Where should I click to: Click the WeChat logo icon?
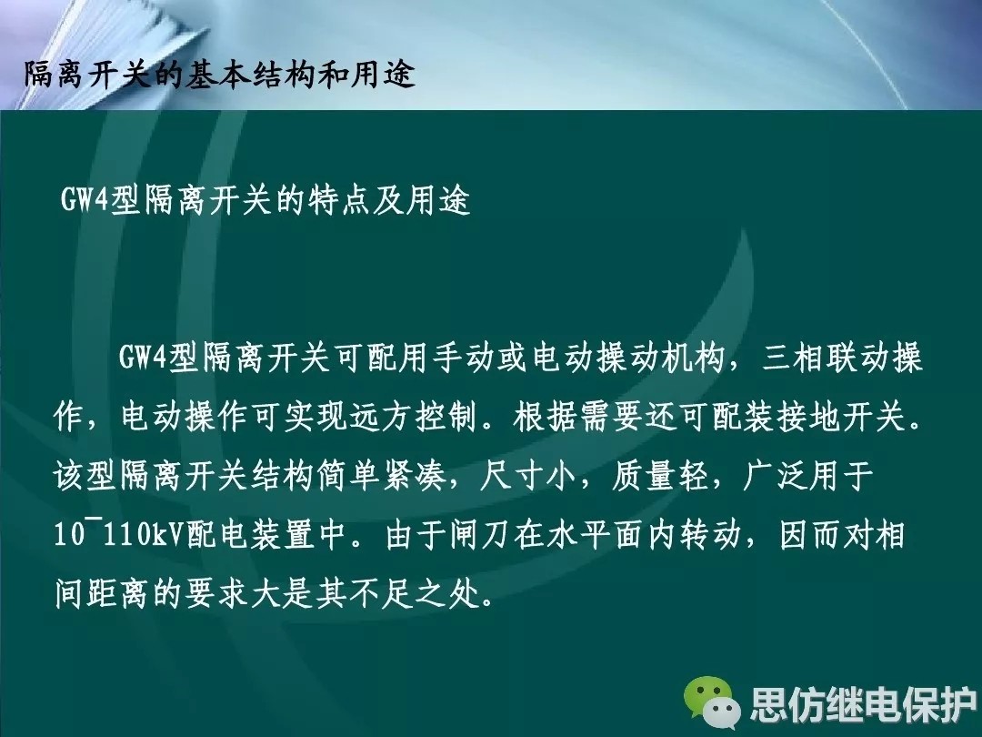pos(712,702)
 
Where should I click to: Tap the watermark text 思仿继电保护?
pos(863,703)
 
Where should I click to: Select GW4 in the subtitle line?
pos(85,200)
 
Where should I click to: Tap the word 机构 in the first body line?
pos(693,358)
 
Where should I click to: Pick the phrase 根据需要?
pos(577,417)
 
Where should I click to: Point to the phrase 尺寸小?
pos(527,476)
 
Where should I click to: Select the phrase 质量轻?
pos(659,476)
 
